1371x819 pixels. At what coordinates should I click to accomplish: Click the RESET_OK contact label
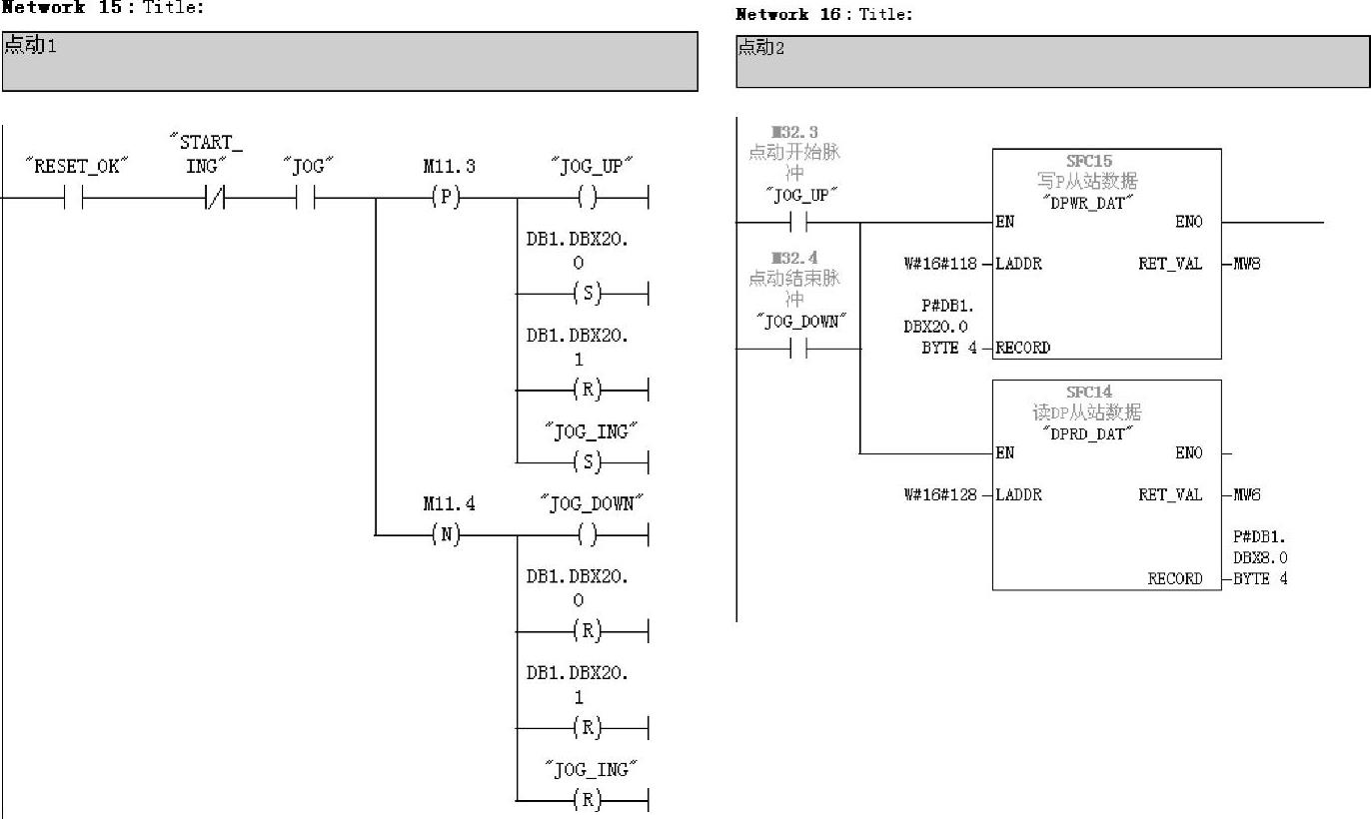pos(78,166)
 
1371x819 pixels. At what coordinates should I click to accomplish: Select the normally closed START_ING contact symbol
pos(214,199)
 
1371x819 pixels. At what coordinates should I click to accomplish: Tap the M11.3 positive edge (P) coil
pos(447,198)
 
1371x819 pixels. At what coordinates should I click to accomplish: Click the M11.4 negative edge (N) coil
pos(447,535)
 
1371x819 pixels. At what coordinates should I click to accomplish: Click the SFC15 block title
pos(1088,161)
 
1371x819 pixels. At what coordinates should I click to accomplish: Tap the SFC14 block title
pos(1088,392)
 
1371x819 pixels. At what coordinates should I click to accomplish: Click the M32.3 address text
pos(794,133)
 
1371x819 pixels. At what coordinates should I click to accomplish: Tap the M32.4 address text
pos(794,259)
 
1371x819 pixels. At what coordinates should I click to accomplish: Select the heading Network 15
pos(62,7)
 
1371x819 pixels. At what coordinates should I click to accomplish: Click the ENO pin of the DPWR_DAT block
pos(1188,222)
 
